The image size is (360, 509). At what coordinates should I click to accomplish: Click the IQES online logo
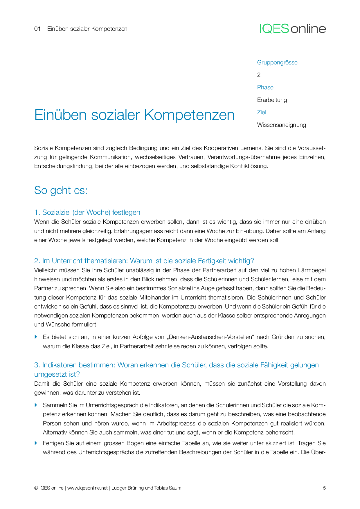293,29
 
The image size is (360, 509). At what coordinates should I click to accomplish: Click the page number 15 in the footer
323,488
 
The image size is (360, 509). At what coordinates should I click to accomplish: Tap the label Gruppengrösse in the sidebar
277,62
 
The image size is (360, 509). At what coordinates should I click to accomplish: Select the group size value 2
259,75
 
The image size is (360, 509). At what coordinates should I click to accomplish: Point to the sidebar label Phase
265,87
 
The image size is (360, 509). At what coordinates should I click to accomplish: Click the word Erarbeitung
272,100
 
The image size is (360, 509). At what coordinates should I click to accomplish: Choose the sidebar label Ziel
261,112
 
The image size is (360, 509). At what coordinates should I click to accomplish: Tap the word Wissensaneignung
282,125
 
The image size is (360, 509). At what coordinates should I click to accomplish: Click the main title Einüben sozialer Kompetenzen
134,115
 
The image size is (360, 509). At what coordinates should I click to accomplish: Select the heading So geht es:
61,190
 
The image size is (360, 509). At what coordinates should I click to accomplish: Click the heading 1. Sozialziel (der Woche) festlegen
87,212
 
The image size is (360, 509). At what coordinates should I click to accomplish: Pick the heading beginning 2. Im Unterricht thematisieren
144,261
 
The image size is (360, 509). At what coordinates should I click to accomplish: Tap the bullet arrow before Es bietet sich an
36,337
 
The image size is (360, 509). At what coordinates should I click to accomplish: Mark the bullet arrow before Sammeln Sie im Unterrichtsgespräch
36,405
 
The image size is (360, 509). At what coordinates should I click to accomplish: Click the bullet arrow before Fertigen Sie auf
36,443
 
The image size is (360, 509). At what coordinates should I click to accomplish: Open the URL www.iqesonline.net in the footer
87,488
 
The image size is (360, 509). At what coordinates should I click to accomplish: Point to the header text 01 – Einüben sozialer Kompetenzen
81,29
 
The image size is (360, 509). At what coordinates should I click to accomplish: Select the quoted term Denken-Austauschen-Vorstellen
210,337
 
